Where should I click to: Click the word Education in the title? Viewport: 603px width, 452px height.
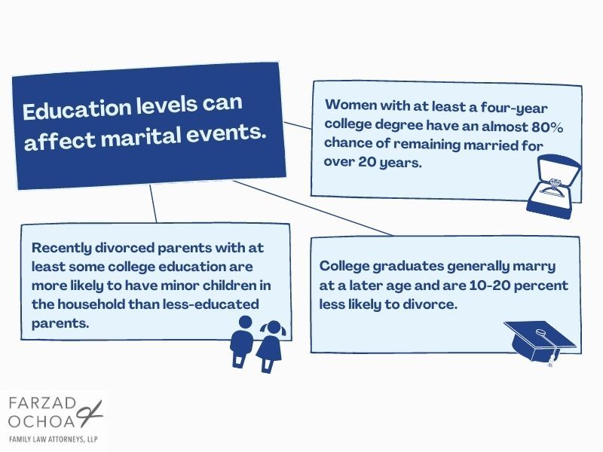[x=77, y=109]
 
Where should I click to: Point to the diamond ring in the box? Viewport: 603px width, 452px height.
[x=553, y=186]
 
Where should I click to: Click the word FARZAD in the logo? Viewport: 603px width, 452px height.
[x=42, y=404]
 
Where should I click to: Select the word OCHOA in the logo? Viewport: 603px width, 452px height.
[x=41, y=421]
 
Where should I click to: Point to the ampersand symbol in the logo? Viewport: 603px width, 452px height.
[x=90, y=414]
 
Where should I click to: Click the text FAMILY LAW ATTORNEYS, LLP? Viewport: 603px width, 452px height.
[x=54, y=439]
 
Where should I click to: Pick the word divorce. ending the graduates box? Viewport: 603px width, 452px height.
[x=430, y=304]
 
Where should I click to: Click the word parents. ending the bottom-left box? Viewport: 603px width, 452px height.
[x=60, y=324]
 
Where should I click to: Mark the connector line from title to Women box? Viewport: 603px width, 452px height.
[x=298, y=126]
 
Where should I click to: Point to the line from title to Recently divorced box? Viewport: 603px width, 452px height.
[x=153, y=203]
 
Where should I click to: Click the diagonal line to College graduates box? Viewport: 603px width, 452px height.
[x=313, y=208]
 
